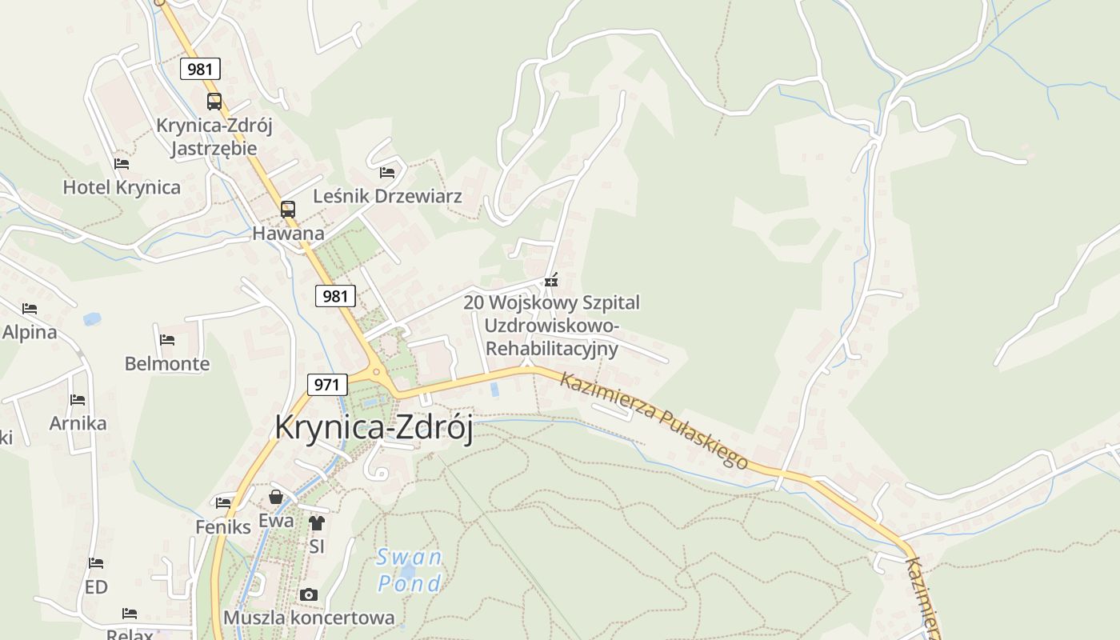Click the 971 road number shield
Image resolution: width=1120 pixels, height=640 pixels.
[x=326, y=384]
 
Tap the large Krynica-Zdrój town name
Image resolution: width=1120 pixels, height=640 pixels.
[x=374, y=427]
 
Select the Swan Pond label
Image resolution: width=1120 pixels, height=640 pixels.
[x=410, y=570]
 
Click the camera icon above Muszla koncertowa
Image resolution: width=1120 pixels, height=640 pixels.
[x=308, y=595]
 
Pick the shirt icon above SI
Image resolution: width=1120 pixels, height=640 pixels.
[x=317, y=523]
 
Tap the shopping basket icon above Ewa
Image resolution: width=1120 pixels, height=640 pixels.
[x=276, y=498]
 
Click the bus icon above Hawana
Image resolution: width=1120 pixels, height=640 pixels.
[x=287, y=210]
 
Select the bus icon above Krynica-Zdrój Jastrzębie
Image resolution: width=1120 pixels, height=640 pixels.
[x=214, y=102]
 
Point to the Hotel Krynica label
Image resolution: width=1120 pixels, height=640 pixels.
[x=122, y=187]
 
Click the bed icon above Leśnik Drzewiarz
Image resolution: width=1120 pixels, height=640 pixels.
[x=387, y=172]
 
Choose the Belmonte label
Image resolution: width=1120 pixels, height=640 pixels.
[x=167, y=364]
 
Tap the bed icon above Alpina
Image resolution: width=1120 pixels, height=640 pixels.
[x=30, y=308]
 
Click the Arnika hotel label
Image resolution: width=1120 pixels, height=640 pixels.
[x=78, y=423]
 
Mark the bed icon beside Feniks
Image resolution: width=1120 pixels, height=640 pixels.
[x=223, y=502]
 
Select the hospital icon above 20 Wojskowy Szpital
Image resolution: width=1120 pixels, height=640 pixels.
[x=550, y=280]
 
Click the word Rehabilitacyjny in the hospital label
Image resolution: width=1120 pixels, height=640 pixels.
[x=552, y=349]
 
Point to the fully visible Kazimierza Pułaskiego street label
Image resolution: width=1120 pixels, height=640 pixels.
[x=654, y=421]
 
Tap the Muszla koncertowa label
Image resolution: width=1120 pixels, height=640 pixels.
[x=309, y=618]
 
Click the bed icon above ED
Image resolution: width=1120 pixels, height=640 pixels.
[x=96, y=563]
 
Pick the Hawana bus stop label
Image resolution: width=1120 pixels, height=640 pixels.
[x=288, y=234]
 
